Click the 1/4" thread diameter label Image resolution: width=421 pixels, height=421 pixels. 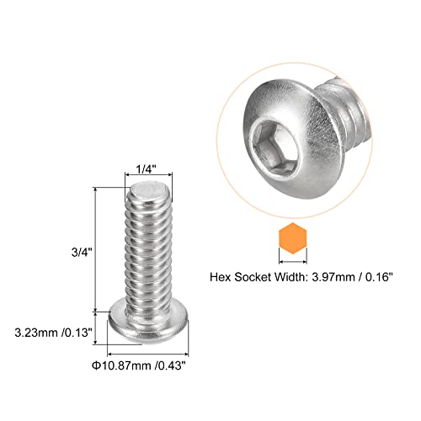coord(146,169)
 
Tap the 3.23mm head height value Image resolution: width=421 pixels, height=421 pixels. coord(36,333)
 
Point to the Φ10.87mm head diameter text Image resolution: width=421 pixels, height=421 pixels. coord(122,365)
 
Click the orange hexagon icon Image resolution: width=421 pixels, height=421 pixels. coord(293,238)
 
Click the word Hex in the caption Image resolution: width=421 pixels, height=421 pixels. coord(221,277)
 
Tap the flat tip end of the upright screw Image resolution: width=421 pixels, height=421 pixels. coord(147,190)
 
